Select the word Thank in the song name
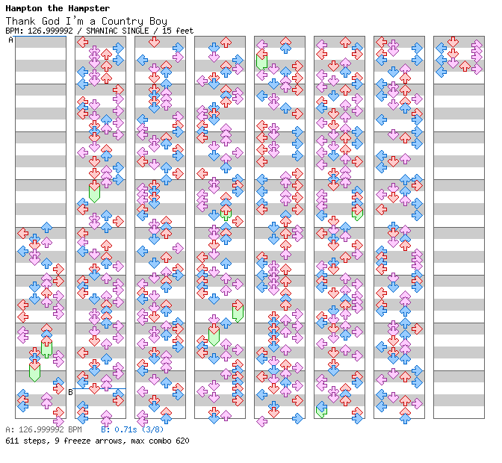[20, 21]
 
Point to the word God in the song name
[50, 21]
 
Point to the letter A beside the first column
[10, 40]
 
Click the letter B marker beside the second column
[71, 391]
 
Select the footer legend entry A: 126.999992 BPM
[43, 430]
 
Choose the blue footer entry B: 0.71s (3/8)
[132, 430]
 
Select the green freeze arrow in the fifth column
[261, 60]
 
